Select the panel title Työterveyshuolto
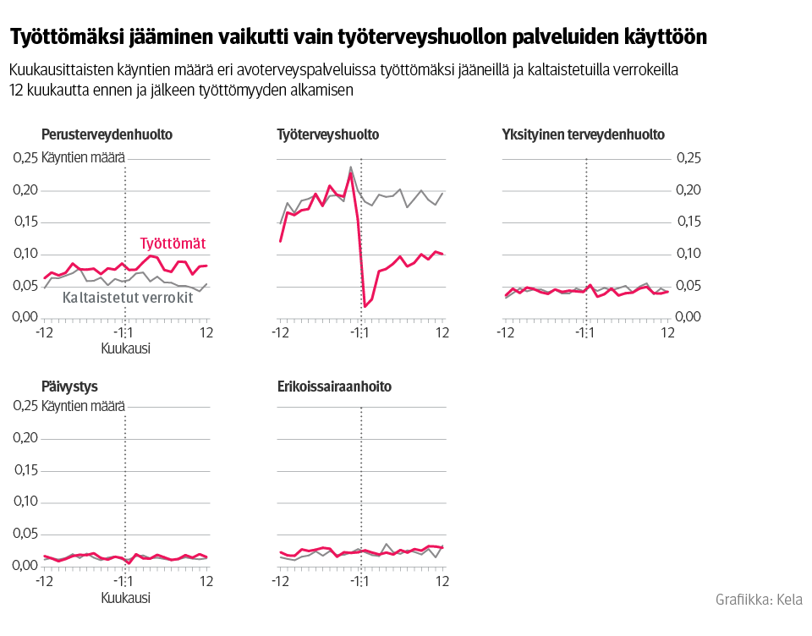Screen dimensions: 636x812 328,134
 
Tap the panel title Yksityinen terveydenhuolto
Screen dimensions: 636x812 583,134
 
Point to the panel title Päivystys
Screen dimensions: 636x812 70,387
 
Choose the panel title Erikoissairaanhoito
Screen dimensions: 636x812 334,387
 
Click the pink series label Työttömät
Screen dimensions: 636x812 173,244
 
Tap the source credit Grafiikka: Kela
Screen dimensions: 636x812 759,600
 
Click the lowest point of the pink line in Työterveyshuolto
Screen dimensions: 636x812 365,306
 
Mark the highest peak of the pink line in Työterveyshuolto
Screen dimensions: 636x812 351,173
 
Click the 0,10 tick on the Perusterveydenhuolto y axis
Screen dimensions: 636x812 25,254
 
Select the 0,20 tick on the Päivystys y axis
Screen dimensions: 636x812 25,438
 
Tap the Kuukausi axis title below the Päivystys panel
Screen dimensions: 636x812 125,598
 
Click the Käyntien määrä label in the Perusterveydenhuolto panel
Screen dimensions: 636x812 83,158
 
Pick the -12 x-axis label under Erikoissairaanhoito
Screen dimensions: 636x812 278,582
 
